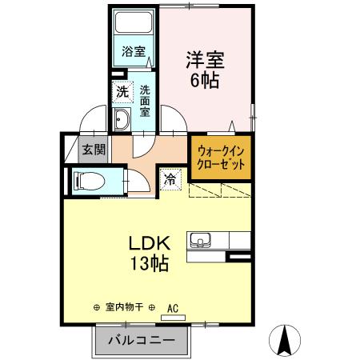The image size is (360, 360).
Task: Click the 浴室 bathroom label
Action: click(x=134, y=52)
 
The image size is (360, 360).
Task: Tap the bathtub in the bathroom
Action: click(x=134, y=23)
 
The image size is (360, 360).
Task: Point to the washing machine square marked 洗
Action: click(x=122, y=91)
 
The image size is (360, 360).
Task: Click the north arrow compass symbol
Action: click(x=285, y=340)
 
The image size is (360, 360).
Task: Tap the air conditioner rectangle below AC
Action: click(x=172, y=317)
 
